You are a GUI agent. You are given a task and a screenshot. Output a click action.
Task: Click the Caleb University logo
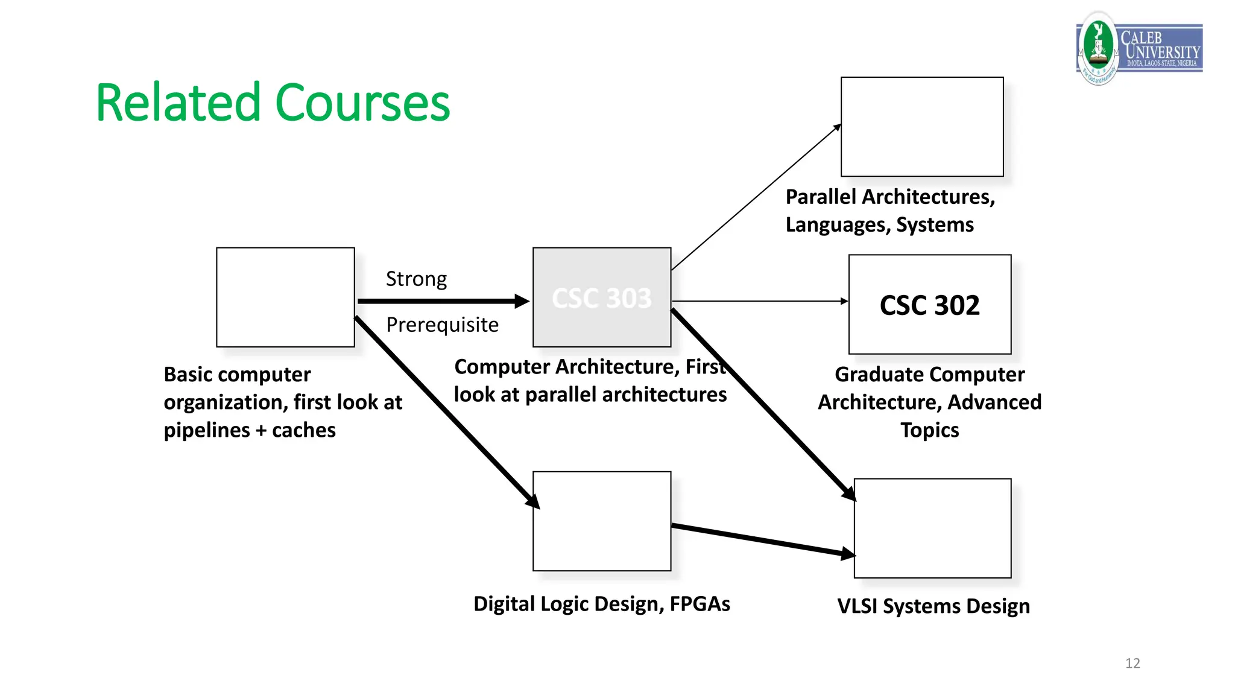point(1139,48)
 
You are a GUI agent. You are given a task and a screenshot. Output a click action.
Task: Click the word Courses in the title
point(362,103)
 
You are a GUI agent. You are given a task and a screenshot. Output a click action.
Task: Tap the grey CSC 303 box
point(601,297)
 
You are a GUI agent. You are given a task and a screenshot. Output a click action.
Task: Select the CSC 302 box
point(929,305)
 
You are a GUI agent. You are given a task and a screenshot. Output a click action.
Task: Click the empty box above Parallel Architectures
point(921,127)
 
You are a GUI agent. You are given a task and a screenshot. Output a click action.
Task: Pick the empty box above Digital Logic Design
point(601,521)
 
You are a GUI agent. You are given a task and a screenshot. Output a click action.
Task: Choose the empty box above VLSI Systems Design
point(932,528)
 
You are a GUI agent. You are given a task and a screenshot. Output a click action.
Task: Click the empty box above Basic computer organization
point(285,297)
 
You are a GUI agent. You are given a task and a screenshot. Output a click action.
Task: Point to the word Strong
point(416,279)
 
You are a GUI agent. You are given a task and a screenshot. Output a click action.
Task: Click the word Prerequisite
point(442,325)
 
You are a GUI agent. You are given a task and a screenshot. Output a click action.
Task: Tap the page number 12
point(1132,663)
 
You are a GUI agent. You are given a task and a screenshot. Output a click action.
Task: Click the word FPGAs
point(700,604)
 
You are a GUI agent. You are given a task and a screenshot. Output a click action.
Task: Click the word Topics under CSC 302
point(929,430)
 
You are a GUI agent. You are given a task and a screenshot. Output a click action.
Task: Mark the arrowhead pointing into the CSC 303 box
point(522,301)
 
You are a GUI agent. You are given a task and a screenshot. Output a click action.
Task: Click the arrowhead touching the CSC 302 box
point(844,301)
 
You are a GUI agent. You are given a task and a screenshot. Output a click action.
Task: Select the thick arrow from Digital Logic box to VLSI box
point(763,540)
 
